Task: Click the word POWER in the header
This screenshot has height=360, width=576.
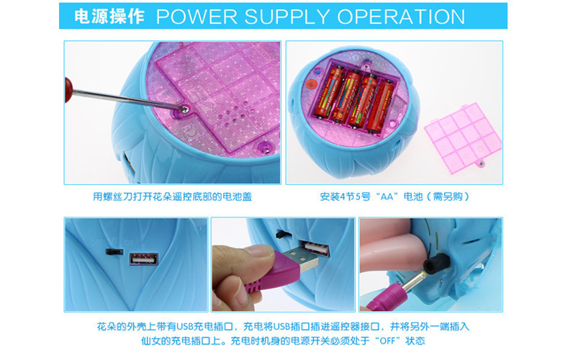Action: tap(197, 17)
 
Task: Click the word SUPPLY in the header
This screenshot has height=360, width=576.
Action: tap(287, 17)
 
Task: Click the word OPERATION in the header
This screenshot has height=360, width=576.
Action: tap(401, 17)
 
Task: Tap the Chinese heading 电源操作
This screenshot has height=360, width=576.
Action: tap(109, 17)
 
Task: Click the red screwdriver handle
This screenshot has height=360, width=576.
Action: tap(68, 89)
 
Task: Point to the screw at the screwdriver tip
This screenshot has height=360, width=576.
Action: tap(185, 109)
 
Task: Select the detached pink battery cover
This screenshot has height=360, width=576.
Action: tap(463, 138)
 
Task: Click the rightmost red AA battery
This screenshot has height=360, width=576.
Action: tap(381, 107)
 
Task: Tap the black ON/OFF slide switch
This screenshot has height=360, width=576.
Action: tap(114, 252)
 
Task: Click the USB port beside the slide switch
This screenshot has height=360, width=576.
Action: tap(143, 258)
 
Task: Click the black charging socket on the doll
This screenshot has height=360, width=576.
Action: tap(436, 263)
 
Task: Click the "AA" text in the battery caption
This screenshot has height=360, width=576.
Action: tap(387, 197)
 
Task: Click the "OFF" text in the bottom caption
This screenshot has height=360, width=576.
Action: tap(387, 341)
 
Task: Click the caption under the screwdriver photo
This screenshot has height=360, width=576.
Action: tap(172, 197)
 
